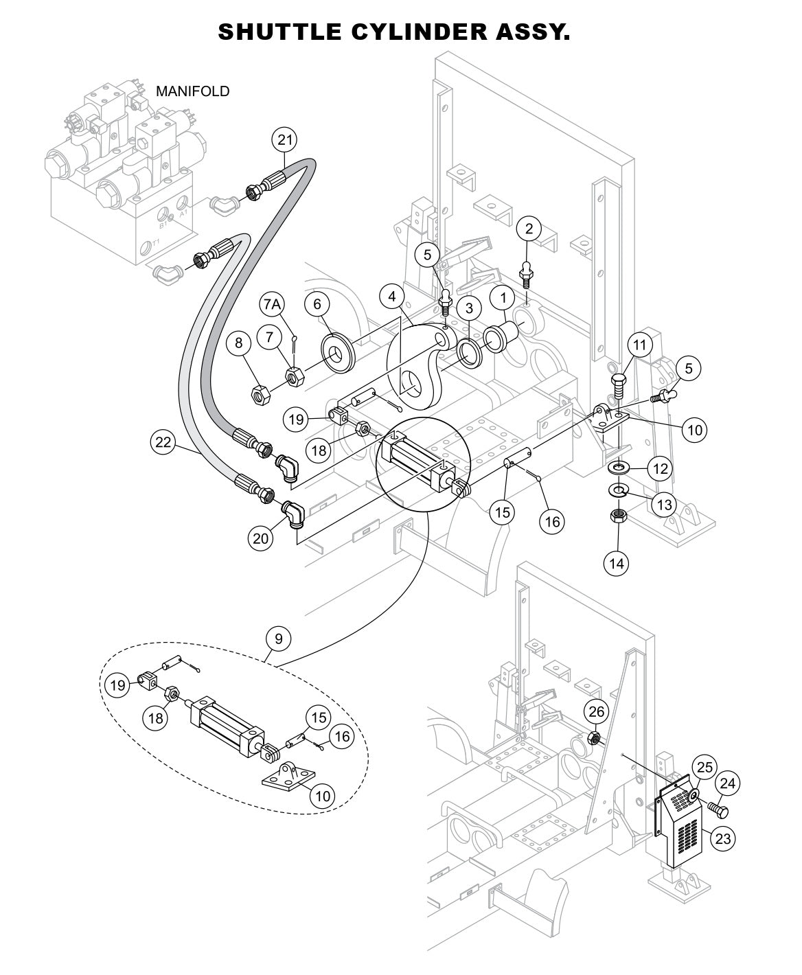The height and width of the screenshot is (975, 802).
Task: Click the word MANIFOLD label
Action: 192,91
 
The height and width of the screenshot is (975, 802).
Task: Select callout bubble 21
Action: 284,140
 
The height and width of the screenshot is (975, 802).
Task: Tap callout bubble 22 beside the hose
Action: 163,443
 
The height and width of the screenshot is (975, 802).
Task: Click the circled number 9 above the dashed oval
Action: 278,639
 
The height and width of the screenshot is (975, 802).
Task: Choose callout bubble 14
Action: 617,563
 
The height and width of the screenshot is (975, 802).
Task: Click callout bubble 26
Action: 597,712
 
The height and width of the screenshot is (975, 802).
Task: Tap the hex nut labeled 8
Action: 262,395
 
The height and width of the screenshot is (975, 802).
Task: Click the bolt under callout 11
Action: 617,386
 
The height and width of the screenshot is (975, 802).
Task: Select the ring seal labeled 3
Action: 469,352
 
